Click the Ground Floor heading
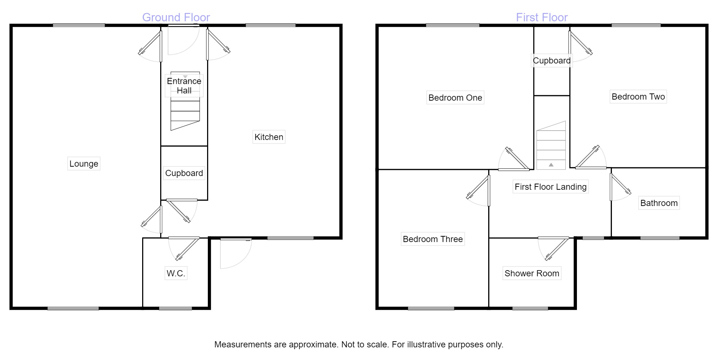(x=176, y=17)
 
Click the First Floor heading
(x=542, y=17)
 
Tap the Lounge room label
(x=84, y=164)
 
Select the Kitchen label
(x=269, y=137)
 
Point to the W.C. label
(x=176, y=273)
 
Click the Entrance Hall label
(x=184, y=86)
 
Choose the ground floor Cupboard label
(x=184, y=173)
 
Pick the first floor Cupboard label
(x=552, y=61)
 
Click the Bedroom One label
(x=455, y=98)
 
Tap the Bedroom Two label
(x=638, y=97)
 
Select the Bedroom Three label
(x=433, y=239)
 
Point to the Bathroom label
(x=659, y=203)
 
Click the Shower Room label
(x=532, y=273)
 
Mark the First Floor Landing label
(x=551, y=187)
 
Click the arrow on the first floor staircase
(x=551, y=165)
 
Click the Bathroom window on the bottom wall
(x=660, y=238)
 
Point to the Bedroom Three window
(x=431, y=308)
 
